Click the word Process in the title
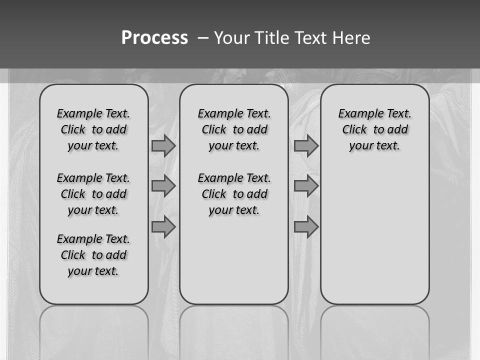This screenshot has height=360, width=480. pyautogui.click(x=154, y=38)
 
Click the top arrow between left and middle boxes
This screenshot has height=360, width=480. pyautogui.click(x=163, y=146)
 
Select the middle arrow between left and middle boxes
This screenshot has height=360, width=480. pyautogui.click(x=163, y=186)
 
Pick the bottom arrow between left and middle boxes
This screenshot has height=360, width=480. pyautogui.click(x=163, y=226)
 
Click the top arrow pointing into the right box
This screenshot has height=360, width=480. pyautogui.click(x=306, y=146)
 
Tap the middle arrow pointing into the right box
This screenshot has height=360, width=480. pyautogui.click(x=306, y=186)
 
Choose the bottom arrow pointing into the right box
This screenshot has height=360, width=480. pyautogui.click(x=306, y=226)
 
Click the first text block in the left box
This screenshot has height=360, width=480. pyautogui.click(x=93, y=129)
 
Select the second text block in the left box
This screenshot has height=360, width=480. pyautogui.click(x=93, y=194)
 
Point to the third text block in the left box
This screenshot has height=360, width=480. pyautogui.click(x=93, y=255)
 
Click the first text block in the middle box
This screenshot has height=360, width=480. pyautogui.click(x=234, y=129)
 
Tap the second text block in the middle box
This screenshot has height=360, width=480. pyautogui.click(x=234, y=194)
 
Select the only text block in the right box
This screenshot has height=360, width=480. pyautogui.click(x=375, y=129)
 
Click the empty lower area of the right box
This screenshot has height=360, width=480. pyautogui.click(x=375, y=235)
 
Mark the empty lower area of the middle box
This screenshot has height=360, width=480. pyautogui.click(x=234, y=260)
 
